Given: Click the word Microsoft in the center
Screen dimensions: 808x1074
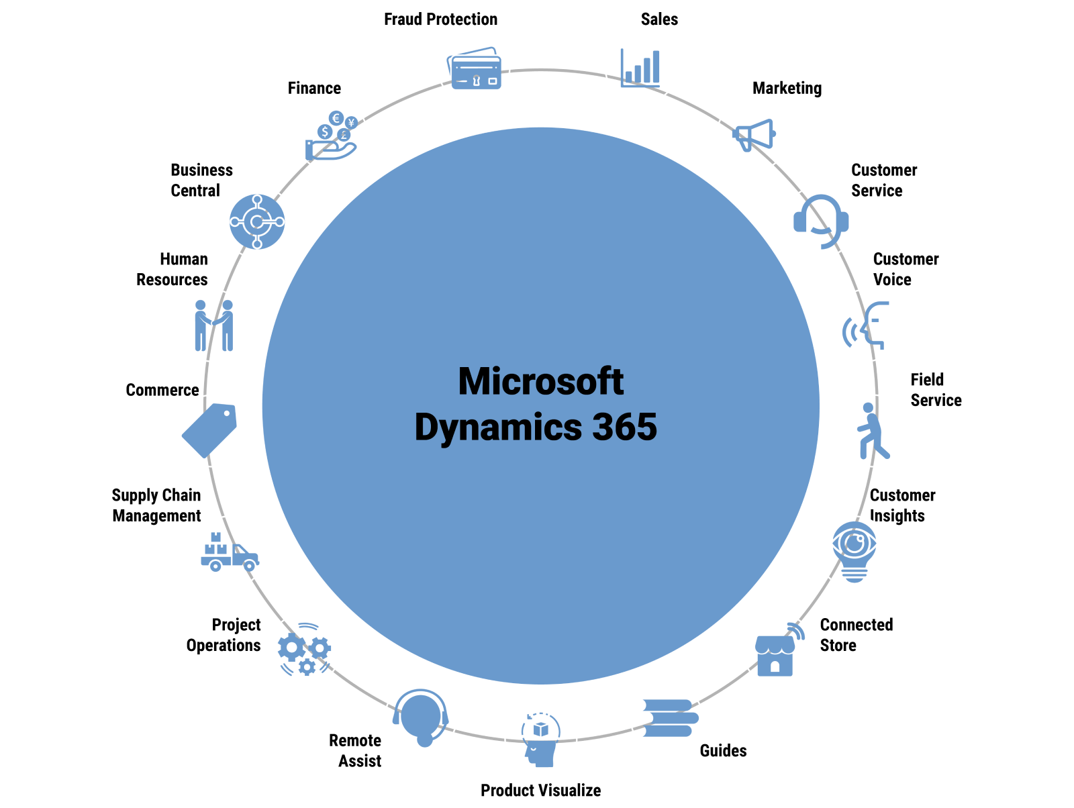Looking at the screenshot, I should tap(540, 382).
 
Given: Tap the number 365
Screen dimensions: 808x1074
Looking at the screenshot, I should tap(624, 427).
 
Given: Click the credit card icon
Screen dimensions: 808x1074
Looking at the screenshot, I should tap(474, 68).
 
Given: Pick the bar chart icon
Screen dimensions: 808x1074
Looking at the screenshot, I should tap(641, 68).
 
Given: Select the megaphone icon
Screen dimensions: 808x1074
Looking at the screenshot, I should tap(752, 135).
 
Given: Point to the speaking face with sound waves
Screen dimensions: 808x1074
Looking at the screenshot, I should tap(866, 325).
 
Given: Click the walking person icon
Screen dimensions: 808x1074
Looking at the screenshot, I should tap(873, 431).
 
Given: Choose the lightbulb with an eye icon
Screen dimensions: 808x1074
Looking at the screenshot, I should tap(854, 552).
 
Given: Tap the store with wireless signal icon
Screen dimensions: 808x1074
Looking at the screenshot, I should tap(777, 650).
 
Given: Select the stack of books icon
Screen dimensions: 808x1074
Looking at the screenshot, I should tap(667, 717).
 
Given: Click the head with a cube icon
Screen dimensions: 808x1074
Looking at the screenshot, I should tap(540, 740).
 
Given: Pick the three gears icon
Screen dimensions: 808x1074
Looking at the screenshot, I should tap(305, 650).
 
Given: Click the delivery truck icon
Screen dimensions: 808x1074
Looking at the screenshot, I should tap(229, 552).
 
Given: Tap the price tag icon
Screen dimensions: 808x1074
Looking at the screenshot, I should tap(211, 430).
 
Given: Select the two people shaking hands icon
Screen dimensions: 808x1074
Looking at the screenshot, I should tap(213, 325).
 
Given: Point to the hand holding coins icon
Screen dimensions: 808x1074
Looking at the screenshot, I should tap(332, 136).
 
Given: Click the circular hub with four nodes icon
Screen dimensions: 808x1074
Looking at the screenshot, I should tap(257, 221).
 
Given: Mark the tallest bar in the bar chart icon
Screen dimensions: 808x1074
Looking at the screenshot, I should tap(655, 67).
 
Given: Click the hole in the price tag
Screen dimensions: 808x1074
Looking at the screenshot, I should tap(229, 412).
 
